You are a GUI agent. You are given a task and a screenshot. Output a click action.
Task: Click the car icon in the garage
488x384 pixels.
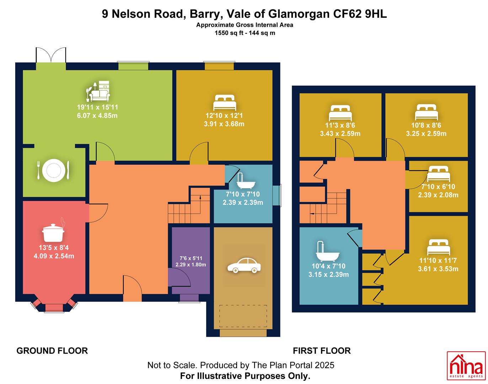[x=244, y=265]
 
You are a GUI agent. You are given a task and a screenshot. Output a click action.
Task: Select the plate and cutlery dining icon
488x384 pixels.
[x=53, y=170]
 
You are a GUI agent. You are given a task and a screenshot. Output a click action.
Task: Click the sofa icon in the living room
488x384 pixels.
[x=98, y=91]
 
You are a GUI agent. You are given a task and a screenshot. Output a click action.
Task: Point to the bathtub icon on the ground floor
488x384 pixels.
[x=246, y=181]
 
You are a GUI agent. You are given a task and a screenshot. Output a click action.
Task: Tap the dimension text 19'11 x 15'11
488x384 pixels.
[x=97, y=107]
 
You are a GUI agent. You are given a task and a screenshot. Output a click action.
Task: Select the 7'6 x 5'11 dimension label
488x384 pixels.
[x=191, y=258]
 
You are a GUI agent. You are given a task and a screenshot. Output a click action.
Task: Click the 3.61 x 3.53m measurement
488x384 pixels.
[x=438, y=269]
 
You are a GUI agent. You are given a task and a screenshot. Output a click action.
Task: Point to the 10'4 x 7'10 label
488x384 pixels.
[x=328, y=266]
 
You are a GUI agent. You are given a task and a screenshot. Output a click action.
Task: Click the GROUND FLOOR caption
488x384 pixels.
[x=52, y=351]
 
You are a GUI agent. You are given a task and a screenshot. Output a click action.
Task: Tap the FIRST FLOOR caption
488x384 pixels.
[x=322, y=351]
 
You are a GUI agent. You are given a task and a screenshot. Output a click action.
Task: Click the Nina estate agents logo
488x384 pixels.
[x=466, y=366]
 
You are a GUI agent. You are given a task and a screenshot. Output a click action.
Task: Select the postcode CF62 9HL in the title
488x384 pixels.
[x=360, y=14]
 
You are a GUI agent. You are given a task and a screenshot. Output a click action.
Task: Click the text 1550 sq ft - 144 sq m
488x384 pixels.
[x=245, y=33]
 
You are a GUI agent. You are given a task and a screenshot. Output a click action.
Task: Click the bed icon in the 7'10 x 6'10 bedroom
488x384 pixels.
[x=438, y=174]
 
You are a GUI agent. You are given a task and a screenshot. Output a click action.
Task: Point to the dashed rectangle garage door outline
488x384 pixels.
[x=243, y=316]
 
